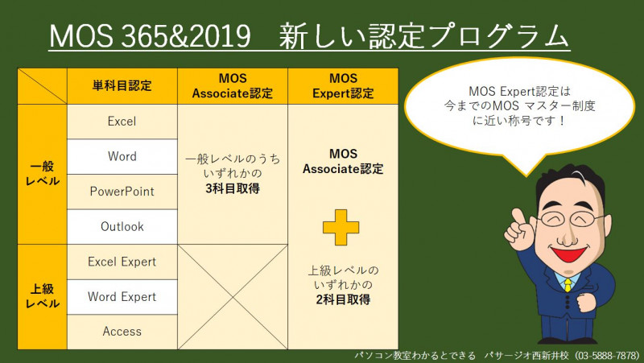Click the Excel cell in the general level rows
pyautogui.click(x=122, y=122)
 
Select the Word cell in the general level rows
pyautogui.click(x=122, y=156)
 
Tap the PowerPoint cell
pyautogui.click(x=122, y=192)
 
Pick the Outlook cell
pyautogui.click(x=122, y=227)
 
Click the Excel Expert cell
pyautogui.click(x=122, y=262)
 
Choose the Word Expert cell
pyautogui.click(x=122, y=297)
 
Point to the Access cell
pyautogui.click(x=122, y=332)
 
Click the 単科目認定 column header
pyautogui.click(x=122, y=86)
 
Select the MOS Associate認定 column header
pyautogui.click(x=233, y=86)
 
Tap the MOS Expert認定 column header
pyautogui.click(x=343, y=86)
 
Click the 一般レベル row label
pyautogui.click(x=43, y=174)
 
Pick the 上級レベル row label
pyautogui.click(x=43, y=297)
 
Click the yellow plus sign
pyautogui.click(x=341, y=228)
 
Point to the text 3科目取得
pyautogui.click(x=233, y=189)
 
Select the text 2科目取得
pyautogui.click(x=343, y=299)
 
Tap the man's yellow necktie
pyautogui.click(x=568, y=285)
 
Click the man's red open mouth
pyautogui.click(x=569, y=254)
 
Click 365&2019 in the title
pyautogui.click(x=186, y=35)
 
